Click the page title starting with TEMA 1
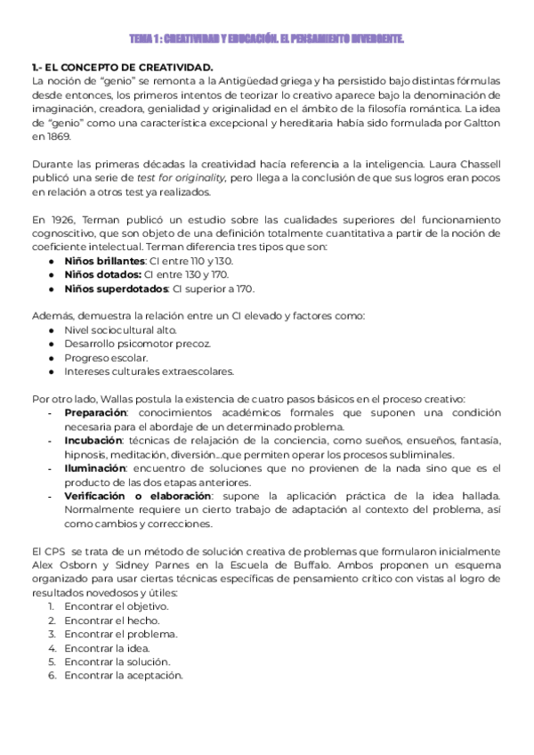click(x=267, y=38)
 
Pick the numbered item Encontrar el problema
click(x=121, y=634)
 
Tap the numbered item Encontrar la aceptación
click(x=124, y=675)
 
